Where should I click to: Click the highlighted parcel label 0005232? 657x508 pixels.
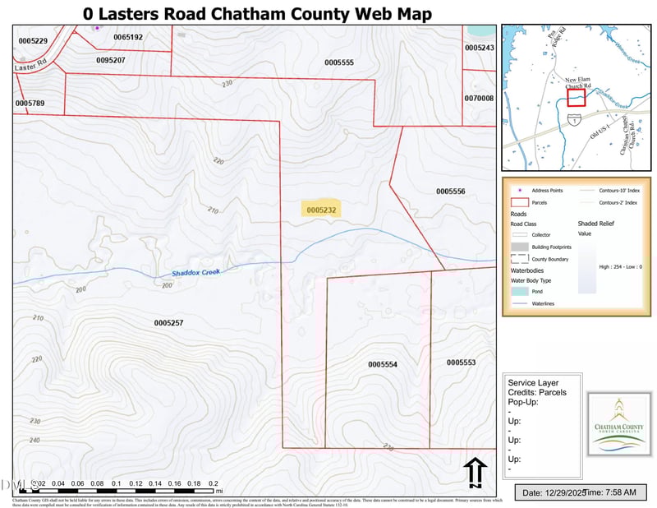321,210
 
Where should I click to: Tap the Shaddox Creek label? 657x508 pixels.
197,272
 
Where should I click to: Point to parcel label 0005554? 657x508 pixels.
383,364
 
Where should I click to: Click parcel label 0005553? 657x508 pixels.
461,363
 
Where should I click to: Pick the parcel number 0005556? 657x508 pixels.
451,191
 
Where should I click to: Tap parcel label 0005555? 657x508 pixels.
338,62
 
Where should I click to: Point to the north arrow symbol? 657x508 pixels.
474,473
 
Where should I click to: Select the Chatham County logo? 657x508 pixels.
620,423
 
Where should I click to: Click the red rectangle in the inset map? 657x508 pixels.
576,97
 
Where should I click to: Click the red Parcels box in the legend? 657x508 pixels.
519,201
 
